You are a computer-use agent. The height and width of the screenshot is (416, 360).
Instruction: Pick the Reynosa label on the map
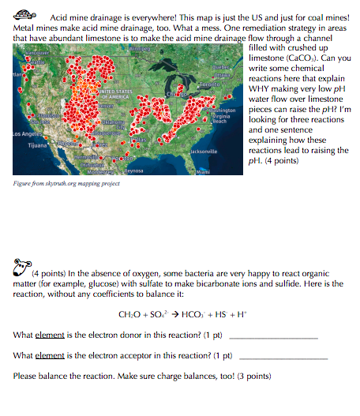(x=132, y=170)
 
